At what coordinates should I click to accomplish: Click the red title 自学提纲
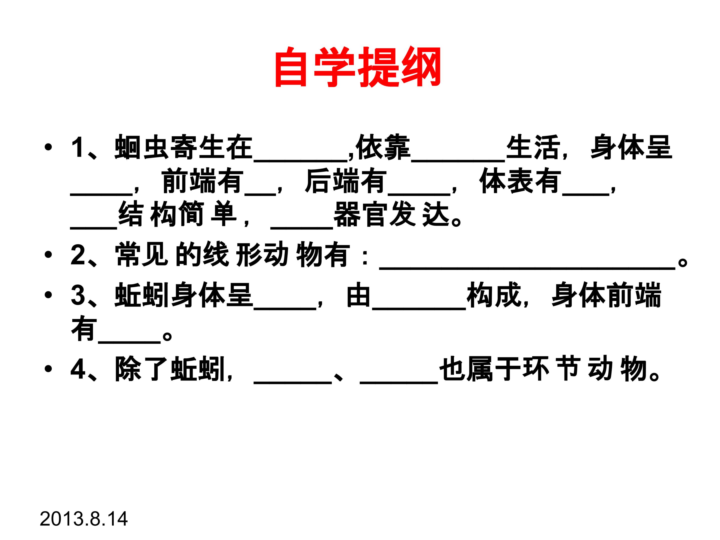[x=358, y=67]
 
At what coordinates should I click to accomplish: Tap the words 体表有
[x=520, y=181]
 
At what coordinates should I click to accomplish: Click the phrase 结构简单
[x=177, y=214]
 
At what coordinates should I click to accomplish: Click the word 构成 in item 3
[x=494, y=295]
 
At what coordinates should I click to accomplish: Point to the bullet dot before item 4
[x=48, y=369]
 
